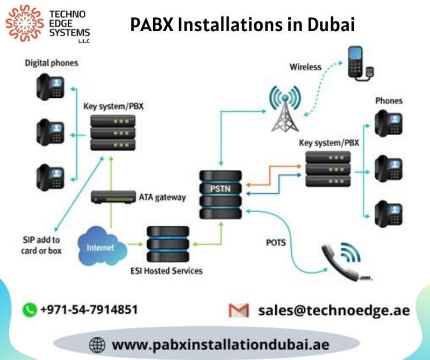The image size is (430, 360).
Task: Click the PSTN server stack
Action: coord(221,195)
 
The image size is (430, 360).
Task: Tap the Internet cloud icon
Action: coord(102,246)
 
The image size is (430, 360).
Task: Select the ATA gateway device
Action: coord(113,197)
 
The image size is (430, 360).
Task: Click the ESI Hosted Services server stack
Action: coord(168,244)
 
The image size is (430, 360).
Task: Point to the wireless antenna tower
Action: coord(285,109)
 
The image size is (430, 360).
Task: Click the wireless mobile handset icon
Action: coord(360,63)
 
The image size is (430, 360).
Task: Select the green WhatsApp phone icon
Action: coord(30,310)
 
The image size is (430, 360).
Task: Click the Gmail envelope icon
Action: coord(239,310)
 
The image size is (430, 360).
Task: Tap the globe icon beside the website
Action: coord(97,344)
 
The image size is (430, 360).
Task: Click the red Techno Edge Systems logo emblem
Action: coord(25,23)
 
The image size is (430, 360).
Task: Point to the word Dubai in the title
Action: coord(331,24)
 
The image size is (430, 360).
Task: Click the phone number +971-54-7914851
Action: coord(89,309)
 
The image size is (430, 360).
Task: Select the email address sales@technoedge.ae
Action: coord(334,311)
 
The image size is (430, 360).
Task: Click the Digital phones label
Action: coord(52,63)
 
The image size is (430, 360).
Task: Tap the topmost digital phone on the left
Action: coord(51,87)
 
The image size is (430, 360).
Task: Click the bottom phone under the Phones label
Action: coord(389,214)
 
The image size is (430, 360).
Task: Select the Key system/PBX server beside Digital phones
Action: coord(113,133)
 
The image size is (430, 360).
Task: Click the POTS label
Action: coord(276,243)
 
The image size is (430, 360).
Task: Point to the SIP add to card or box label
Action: coord(41,245)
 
